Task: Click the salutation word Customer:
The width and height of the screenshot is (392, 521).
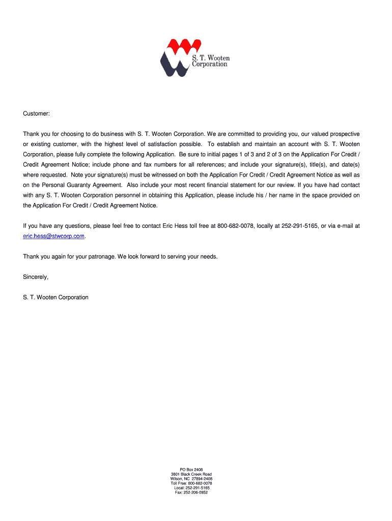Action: [36, 113]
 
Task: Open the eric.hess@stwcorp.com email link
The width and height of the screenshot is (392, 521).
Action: [53, 236]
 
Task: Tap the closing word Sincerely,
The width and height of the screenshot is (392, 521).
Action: [36, 277]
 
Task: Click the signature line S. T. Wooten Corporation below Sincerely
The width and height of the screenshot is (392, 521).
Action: [55, 297]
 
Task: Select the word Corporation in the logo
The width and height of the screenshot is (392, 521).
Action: [209, 65]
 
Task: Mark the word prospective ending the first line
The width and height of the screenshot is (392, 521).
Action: [344, 134]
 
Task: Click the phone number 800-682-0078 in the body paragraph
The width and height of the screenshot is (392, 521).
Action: [235, 226]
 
